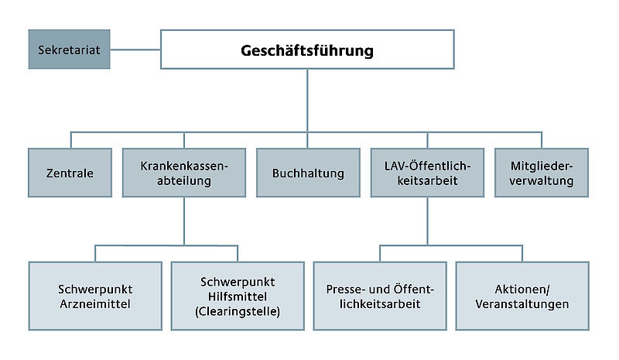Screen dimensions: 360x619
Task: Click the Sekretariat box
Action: [69, 50]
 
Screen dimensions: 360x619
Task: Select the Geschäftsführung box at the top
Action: [307, 50]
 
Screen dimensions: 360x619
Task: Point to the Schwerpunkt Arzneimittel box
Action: [95, 296]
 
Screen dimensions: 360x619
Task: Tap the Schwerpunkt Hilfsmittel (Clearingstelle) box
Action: [238, 296]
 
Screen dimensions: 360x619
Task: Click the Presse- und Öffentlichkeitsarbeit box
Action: [379, 296]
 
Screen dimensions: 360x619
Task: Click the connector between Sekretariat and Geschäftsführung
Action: [135, 50]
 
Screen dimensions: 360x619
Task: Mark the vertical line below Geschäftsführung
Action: [307, 101]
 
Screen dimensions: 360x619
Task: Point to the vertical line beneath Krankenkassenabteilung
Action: [183, 221]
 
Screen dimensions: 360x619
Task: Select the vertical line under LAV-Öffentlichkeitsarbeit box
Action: [427, 221]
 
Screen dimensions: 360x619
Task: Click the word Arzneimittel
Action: [95, 303]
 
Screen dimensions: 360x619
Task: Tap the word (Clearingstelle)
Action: [238, 311]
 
